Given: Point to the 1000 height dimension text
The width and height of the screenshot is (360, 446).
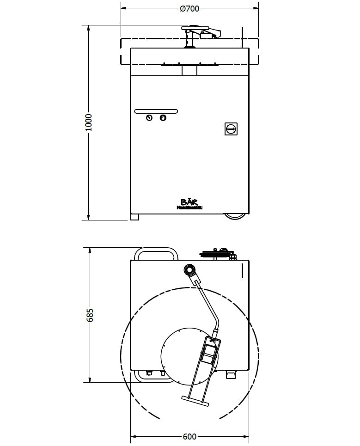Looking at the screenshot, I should [89, 122].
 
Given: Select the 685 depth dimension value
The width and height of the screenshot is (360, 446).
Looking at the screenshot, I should [90, 315].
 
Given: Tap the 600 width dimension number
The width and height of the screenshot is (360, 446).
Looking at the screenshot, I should [189, 436].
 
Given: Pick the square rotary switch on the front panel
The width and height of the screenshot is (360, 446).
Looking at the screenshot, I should [231, 128].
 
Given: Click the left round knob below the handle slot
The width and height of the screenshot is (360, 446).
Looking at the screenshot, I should [149, 118].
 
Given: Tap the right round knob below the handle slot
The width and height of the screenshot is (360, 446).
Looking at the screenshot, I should [163, 118].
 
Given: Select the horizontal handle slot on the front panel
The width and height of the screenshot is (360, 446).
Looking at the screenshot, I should [156, 111].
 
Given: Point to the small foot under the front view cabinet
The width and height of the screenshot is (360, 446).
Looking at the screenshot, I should [134, 217].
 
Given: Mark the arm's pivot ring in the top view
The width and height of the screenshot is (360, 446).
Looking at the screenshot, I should [189, 270].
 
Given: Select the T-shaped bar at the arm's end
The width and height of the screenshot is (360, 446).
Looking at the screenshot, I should [195, 401].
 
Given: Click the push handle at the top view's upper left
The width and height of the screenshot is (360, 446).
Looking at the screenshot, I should [155, 254].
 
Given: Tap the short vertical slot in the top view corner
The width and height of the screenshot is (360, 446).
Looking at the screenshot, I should [242, 271].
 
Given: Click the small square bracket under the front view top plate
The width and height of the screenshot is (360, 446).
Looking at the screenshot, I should [189, 71].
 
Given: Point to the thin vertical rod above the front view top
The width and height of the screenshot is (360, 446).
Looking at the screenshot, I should [241, 37].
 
